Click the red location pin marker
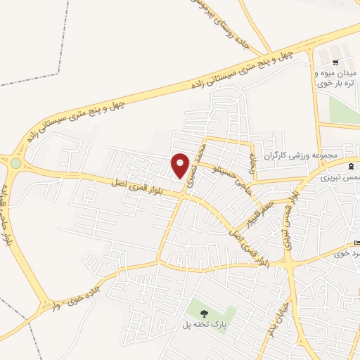181,166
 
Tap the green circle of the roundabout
16,163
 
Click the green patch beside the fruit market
343,109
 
